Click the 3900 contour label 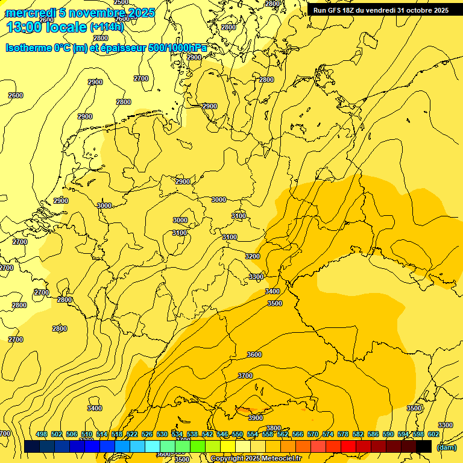tap(256, 418)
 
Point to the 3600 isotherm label tap(254, 354)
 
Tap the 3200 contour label tap(253, 256)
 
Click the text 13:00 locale tap(46, 27)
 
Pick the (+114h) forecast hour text tap(107, 27)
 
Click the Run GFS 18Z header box tap(380, 10)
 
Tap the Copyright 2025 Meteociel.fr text tap(256, 458)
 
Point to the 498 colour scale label tap(42, 434)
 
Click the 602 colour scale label tap(433, 434)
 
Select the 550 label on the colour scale tap(238, 434)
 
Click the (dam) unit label tap(446, 447)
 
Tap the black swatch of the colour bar tap(424, 446)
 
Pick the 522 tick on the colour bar tap(132, 434)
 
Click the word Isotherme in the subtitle tap(28, 48)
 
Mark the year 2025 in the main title tap(140, 13)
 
